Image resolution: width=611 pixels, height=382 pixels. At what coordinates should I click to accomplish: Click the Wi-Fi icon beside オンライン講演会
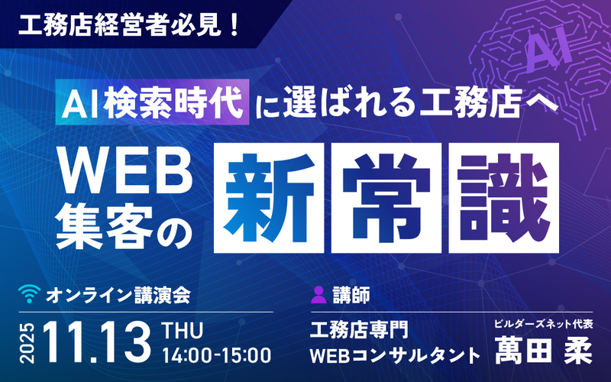coord(28,293)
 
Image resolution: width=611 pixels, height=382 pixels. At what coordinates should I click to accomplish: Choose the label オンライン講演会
coord(118,293)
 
